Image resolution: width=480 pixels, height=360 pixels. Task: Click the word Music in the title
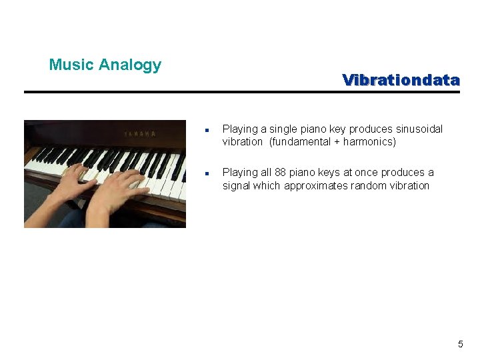tap(71, 65)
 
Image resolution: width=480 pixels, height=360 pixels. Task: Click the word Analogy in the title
tap(130, 65)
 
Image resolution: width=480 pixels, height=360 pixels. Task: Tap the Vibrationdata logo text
tap(401, 80)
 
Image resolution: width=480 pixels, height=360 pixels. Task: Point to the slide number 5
tap(460, 344)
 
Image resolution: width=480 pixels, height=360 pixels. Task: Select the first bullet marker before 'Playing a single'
tap(208, 130)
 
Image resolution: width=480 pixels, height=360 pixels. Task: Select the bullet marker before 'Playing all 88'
tap(208, 173)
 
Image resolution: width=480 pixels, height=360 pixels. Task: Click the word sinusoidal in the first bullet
tap(419, 129)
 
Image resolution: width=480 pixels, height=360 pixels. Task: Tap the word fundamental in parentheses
tap(300, 142)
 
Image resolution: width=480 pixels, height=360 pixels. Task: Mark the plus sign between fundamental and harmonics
tap(337, 142)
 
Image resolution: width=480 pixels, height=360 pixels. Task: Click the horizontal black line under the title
tap(242, 92)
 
